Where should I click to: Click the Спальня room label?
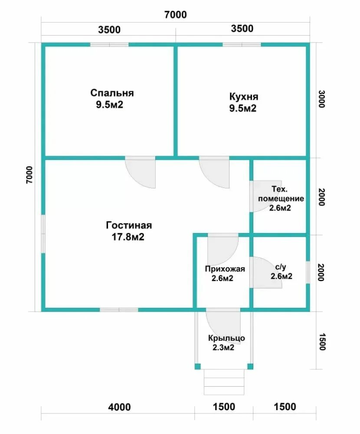pos(112,93)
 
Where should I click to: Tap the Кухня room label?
pos(244,97)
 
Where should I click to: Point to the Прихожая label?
pos(225,269)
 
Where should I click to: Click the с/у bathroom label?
pos(281,267)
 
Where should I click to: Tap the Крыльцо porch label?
pos(226,338)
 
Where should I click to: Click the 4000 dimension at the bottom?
pos(119,407)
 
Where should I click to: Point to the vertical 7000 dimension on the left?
pos(29,174)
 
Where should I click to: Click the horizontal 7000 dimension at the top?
pos(175,14)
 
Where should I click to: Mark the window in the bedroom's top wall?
pos(109,45)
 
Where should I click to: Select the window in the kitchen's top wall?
pos(242,45)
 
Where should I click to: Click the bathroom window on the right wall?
pos(308,273)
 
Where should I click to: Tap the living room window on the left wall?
pos(43,234)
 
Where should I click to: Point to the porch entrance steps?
pos(224,382)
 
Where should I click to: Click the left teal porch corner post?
pos(197,366)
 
